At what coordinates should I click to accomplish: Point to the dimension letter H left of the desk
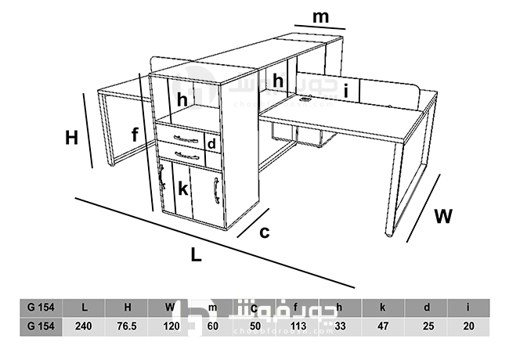click(72, 138)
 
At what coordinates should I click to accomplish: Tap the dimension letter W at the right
click(443, 215)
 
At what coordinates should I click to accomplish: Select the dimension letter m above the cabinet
click(320, 16)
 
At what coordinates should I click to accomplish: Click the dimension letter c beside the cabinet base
click(265, 232)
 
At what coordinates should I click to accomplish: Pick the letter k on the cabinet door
click(182, 189)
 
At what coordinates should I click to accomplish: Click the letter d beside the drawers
click(211, 143)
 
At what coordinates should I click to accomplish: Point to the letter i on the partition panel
click(345, 91)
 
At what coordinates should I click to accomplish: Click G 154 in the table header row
click(40, 307)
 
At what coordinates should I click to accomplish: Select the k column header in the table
click(382, 307)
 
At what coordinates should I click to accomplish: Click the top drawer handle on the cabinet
click(186, 139)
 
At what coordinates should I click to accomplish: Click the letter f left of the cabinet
click(135, 135)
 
